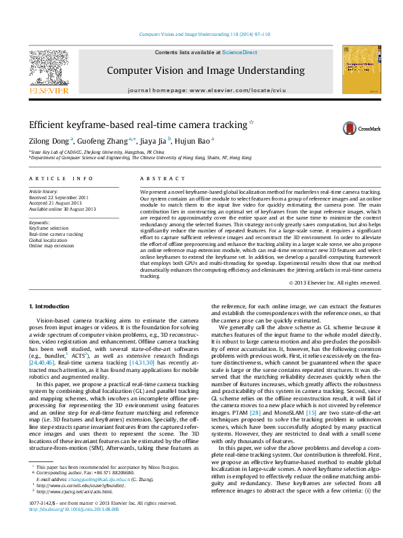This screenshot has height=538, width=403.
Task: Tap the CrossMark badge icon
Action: click(x=349, y=128)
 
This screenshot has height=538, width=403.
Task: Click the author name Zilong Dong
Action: click(x=49, y=141)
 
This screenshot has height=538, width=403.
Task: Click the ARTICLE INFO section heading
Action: click(x=60, y=178)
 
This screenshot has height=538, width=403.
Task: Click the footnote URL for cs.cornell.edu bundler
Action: click(x=70, y=504)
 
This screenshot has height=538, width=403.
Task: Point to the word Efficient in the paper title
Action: click(x=47, y=125)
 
